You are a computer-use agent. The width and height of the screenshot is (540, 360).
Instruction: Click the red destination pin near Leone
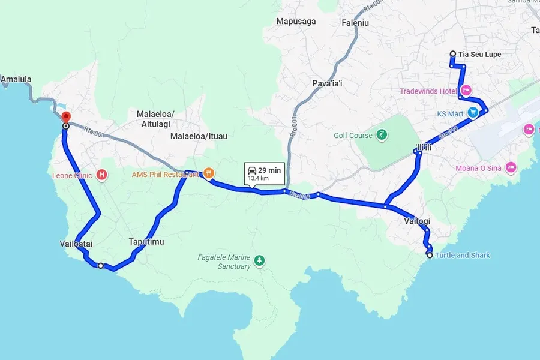66,117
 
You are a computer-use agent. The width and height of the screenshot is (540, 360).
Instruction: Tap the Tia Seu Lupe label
479,55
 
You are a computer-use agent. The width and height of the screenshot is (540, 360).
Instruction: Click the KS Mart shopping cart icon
472,112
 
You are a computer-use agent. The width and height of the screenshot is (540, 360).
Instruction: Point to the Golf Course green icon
381,136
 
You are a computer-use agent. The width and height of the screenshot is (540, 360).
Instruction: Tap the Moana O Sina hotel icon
511,167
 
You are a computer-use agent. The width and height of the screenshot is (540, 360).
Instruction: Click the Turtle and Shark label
462,255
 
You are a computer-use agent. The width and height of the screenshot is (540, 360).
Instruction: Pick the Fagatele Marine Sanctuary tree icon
259,260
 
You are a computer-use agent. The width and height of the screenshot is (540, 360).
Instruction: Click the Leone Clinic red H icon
102,175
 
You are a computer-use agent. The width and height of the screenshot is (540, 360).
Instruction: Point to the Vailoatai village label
76,244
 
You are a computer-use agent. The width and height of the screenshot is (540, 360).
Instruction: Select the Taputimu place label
146,242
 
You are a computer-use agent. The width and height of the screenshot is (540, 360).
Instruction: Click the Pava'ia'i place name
327,83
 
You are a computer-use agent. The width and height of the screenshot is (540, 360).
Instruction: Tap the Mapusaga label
296,22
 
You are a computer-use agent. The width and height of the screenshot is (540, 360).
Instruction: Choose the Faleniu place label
355,22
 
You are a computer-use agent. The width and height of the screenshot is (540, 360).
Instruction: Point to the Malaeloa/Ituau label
199,136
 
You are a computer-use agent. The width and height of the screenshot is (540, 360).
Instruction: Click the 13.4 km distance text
258,178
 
